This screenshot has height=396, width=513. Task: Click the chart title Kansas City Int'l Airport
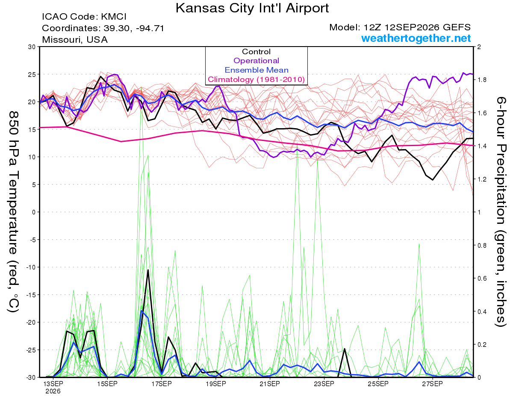tap(252, 8)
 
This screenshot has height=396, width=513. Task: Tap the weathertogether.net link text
tap(416, 38)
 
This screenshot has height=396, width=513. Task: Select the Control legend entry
tap(256, 52)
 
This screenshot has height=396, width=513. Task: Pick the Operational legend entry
tap(256, 61)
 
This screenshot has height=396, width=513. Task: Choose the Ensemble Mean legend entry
tap(256, 70)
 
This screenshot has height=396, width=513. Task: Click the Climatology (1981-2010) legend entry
tap(256, 79)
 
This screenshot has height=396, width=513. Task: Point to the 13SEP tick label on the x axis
tap(53, 384)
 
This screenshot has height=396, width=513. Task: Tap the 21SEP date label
tap(270, 384)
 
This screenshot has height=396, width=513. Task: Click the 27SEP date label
tap(432, 384)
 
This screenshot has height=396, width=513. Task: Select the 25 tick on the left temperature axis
tap(32, 74)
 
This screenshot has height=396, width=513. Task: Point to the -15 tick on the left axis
tap(30, 295)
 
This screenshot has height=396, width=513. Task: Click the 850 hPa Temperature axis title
tap(14, 212)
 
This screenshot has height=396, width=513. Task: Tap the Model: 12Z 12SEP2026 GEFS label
tap(400, 27)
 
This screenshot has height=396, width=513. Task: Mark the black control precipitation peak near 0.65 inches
tap(148, 270)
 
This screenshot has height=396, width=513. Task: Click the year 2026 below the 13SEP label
tap(53, 391)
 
